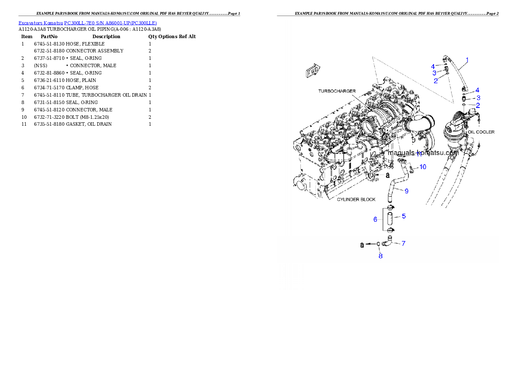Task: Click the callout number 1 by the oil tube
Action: click(467, 59)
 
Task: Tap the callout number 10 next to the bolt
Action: click(422, 166)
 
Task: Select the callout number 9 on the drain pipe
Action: click(406, 190)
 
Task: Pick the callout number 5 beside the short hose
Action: click(404, 216)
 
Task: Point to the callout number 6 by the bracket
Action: click(375, 219)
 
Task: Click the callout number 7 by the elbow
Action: click(403, 243)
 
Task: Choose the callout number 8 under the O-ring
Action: click(381, 256)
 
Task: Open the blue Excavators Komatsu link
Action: click(87, 23)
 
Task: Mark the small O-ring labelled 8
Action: click(378, 244)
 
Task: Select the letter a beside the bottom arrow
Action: click(361, 245)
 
